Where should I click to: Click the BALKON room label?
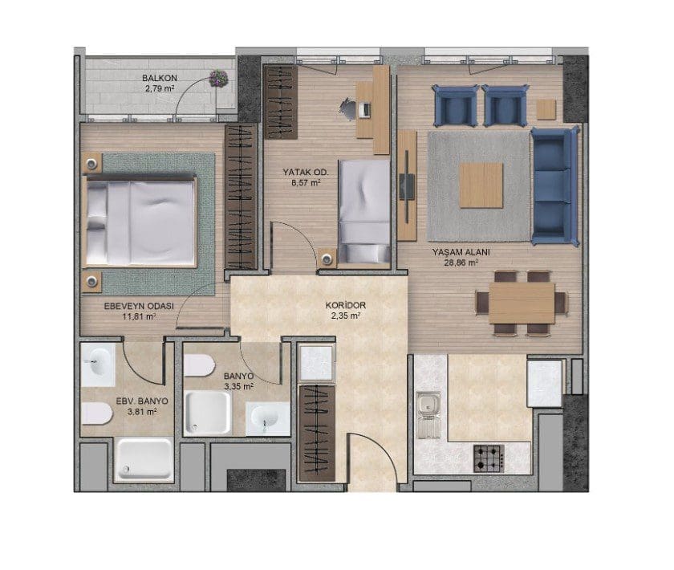[x=160, y=79]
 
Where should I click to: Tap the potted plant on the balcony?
[x=219, y=79]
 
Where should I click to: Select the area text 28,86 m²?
[x=461, y=262]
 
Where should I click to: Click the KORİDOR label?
[x=346, y=305]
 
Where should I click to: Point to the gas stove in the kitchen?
[x=489, y=458]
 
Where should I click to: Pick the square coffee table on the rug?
[x=481, y=185]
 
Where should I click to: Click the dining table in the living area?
[x=522, y=303]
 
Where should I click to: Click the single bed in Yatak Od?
[x=364, y=211]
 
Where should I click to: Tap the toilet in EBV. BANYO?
[x=97, y=413]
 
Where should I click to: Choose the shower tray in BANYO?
[x=208, y=413]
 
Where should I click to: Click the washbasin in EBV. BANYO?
[x=98, y=364]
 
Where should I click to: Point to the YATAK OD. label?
[x=305, y=172]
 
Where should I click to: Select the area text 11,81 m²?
[x=139, y=316]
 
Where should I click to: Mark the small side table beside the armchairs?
[x=546, y=109]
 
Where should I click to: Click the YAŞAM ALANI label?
[x=461, y=252]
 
